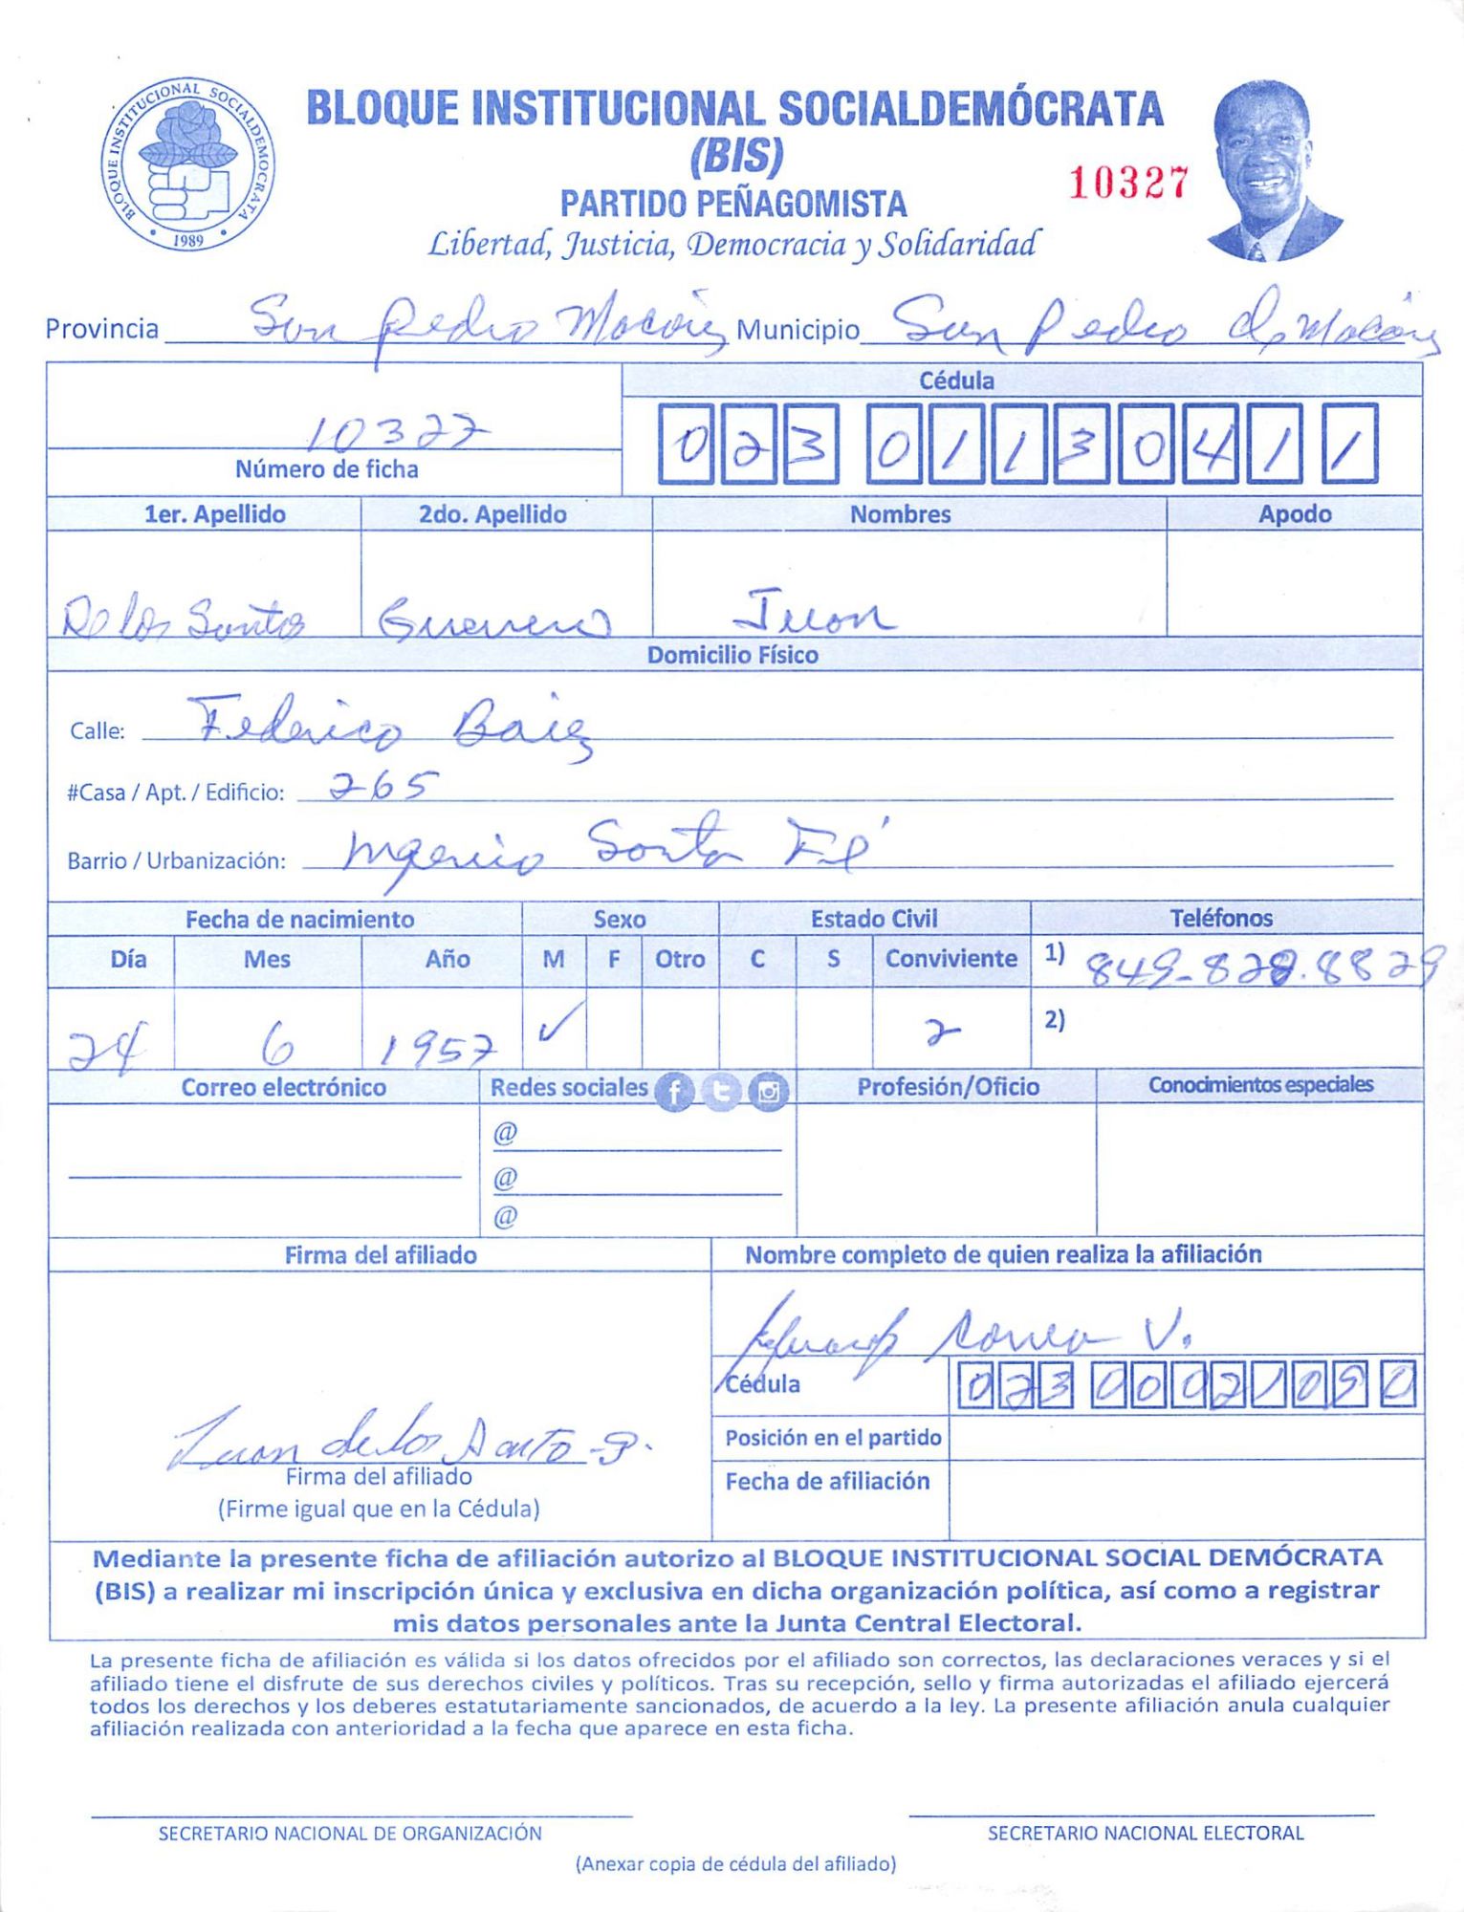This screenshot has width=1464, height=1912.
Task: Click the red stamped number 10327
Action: pos(1127,183)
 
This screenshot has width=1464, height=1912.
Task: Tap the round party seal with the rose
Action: pos(187,164)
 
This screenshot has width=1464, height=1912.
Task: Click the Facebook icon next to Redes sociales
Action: pos(674,1091)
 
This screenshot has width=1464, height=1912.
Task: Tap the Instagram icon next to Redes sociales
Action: pos(768,1091)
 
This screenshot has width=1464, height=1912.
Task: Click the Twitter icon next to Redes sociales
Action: pos(721,1091)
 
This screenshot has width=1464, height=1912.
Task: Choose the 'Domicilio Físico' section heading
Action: pos(732,655)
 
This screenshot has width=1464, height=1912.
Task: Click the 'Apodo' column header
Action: pos(1294,513)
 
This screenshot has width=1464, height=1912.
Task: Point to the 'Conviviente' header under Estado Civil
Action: pos(951,958)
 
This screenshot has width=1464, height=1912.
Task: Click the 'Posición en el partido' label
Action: pos(833,1437)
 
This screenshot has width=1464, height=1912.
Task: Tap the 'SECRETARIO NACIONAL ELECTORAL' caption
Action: pos(1145,1833)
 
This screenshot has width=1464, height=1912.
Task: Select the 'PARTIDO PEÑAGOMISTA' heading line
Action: pos(733,204)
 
